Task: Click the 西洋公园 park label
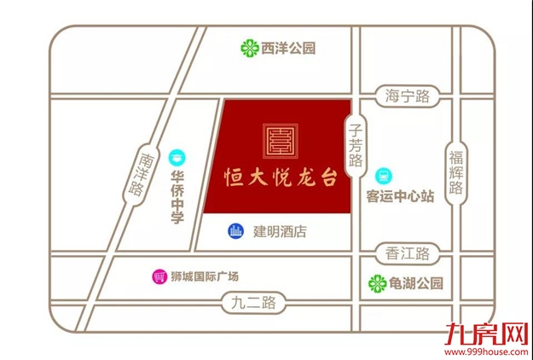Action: tap(289, 48)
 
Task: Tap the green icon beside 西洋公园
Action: tap(249, 48)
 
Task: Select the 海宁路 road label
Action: tap(406, 96)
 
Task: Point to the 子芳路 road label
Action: tap(356, 142)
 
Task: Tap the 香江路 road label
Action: tap(406, 253)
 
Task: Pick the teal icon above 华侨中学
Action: tap(177, 157)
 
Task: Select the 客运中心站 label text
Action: tap(400, 196)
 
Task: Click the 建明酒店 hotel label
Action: tap(279, 231)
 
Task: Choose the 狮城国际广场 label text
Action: tap(205, 276)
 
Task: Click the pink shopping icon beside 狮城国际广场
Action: tap(158, 276)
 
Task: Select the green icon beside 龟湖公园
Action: tap(375, 282)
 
